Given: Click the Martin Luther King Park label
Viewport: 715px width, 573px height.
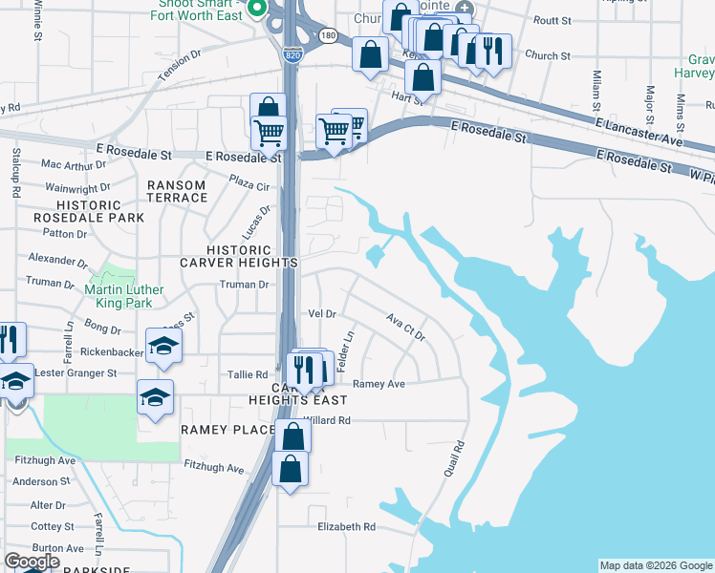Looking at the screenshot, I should coord(124,297).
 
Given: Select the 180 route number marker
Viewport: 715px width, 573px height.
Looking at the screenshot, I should coord(328,35).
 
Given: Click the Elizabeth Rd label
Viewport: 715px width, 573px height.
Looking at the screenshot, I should coord(346,526).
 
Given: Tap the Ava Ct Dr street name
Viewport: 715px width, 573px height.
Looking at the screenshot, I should coord(405,327).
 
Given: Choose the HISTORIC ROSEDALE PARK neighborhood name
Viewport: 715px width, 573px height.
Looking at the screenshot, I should coord(101,211).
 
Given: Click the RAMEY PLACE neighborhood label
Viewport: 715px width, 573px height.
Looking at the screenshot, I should coord(227,431).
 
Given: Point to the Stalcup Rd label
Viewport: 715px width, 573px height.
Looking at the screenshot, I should coord(16,172).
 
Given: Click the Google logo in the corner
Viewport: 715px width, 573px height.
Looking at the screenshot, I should coord(32,562).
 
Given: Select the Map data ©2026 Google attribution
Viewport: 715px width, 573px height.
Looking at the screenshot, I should coord(656,565).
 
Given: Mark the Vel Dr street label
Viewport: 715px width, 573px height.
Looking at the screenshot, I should coord(322,313).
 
